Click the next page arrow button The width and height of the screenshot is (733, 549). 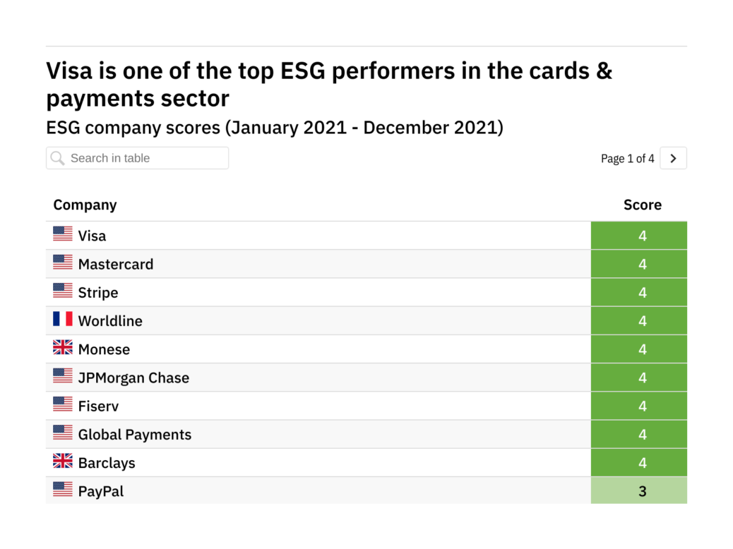[x=673, y=159]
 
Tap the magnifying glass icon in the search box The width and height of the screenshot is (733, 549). [x=58, y=158]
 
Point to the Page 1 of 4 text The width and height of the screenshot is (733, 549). [x=627, y=159]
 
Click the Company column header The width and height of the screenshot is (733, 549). [x=85, y=205]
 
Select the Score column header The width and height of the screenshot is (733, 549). [x=642, y=205]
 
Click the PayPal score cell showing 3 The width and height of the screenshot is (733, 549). [x=642, y=491]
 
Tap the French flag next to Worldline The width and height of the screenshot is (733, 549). [x=63, y=320]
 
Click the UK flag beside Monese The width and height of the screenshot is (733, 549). [x=63, y=348]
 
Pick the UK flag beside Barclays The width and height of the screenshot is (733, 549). [x=63, y=461]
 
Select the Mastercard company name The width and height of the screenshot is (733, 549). [x=116, y=265]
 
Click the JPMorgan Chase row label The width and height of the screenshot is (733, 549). [x=133, y=378]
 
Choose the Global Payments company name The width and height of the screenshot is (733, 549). [x=135, y=435]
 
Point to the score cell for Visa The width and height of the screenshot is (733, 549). [x=642, y=236]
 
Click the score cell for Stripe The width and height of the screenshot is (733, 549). [x=642, y=293]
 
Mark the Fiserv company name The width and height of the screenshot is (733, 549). [x=99, y=406]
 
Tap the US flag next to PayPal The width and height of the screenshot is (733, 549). [x=63, y=490]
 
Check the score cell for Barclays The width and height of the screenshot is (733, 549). [x=642, y=463]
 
